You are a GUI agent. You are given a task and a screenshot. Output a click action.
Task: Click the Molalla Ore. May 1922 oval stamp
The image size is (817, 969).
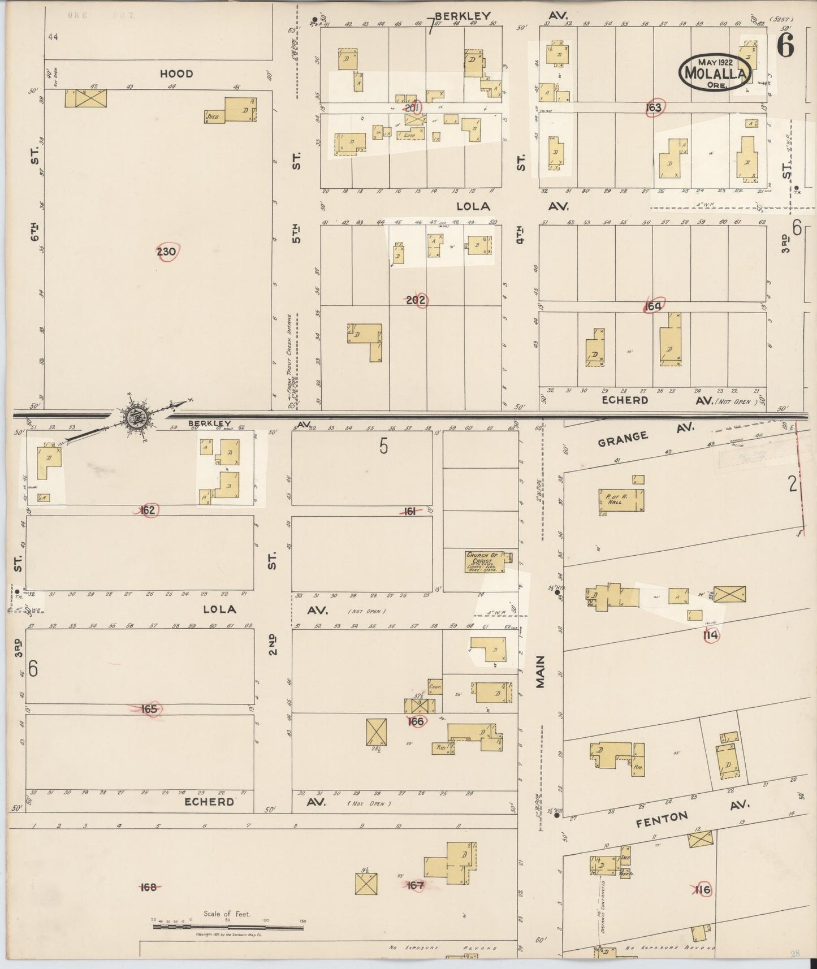(716, 72)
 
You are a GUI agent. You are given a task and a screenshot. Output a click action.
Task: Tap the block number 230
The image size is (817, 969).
(166, 252)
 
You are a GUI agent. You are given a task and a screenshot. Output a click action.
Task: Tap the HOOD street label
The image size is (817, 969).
(176, 73)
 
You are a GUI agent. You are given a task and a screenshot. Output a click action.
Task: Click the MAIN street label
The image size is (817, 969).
(541, 672)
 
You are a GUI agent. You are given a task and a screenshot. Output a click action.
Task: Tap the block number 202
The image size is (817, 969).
(416, 300)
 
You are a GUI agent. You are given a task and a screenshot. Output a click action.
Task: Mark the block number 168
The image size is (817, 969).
(148, 887)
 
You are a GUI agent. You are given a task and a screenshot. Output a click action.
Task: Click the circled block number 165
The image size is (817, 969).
(149, 709)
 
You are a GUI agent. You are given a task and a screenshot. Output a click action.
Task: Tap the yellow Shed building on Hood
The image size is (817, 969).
(215, 116)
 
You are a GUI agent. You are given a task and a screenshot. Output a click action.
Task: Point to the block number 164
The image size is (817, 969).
(653, 306)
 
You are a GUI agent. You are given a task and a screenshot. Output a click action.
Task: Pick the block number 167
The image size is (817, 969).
(416, 885)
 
